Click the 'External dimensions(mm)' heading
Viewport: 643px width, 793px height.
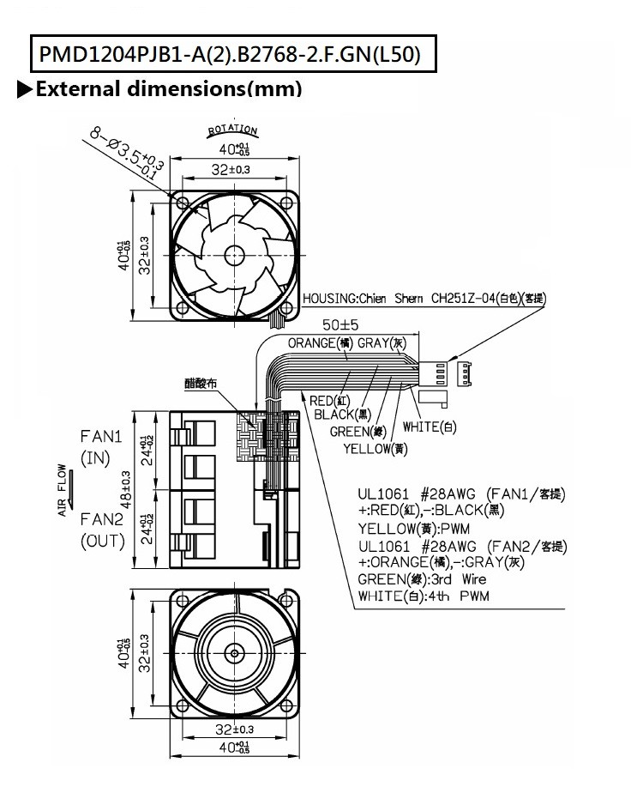(x=159, y=88)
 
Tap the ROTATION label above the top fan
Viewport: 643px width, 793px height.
(x=232, y=132)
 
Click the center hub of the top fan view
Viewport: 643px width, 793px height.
(x=233, y=253)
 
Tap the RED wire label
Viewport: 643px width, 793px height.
(x=328, y=399)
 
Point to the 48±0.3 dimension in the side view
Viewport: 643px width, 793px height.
(x=126, y=488)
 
